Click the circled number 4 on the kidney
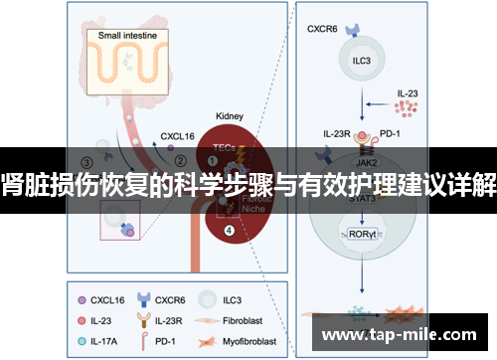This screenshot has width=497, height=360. click(230, 232)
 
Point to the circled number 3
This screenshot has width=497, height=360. click(87, 162)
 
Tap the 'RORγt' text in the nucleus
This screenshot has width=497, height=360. click(363, 235)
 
